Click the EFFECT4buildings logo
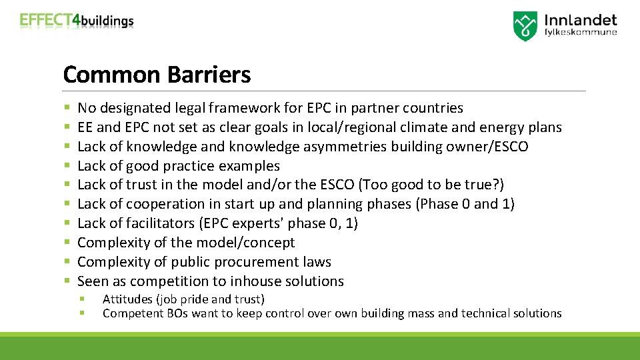point(77,20)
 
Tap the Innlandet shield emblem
point(525,26)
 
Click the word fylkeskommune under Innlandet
point(581,31)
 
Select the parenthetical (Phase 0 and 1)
point(465,204)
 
